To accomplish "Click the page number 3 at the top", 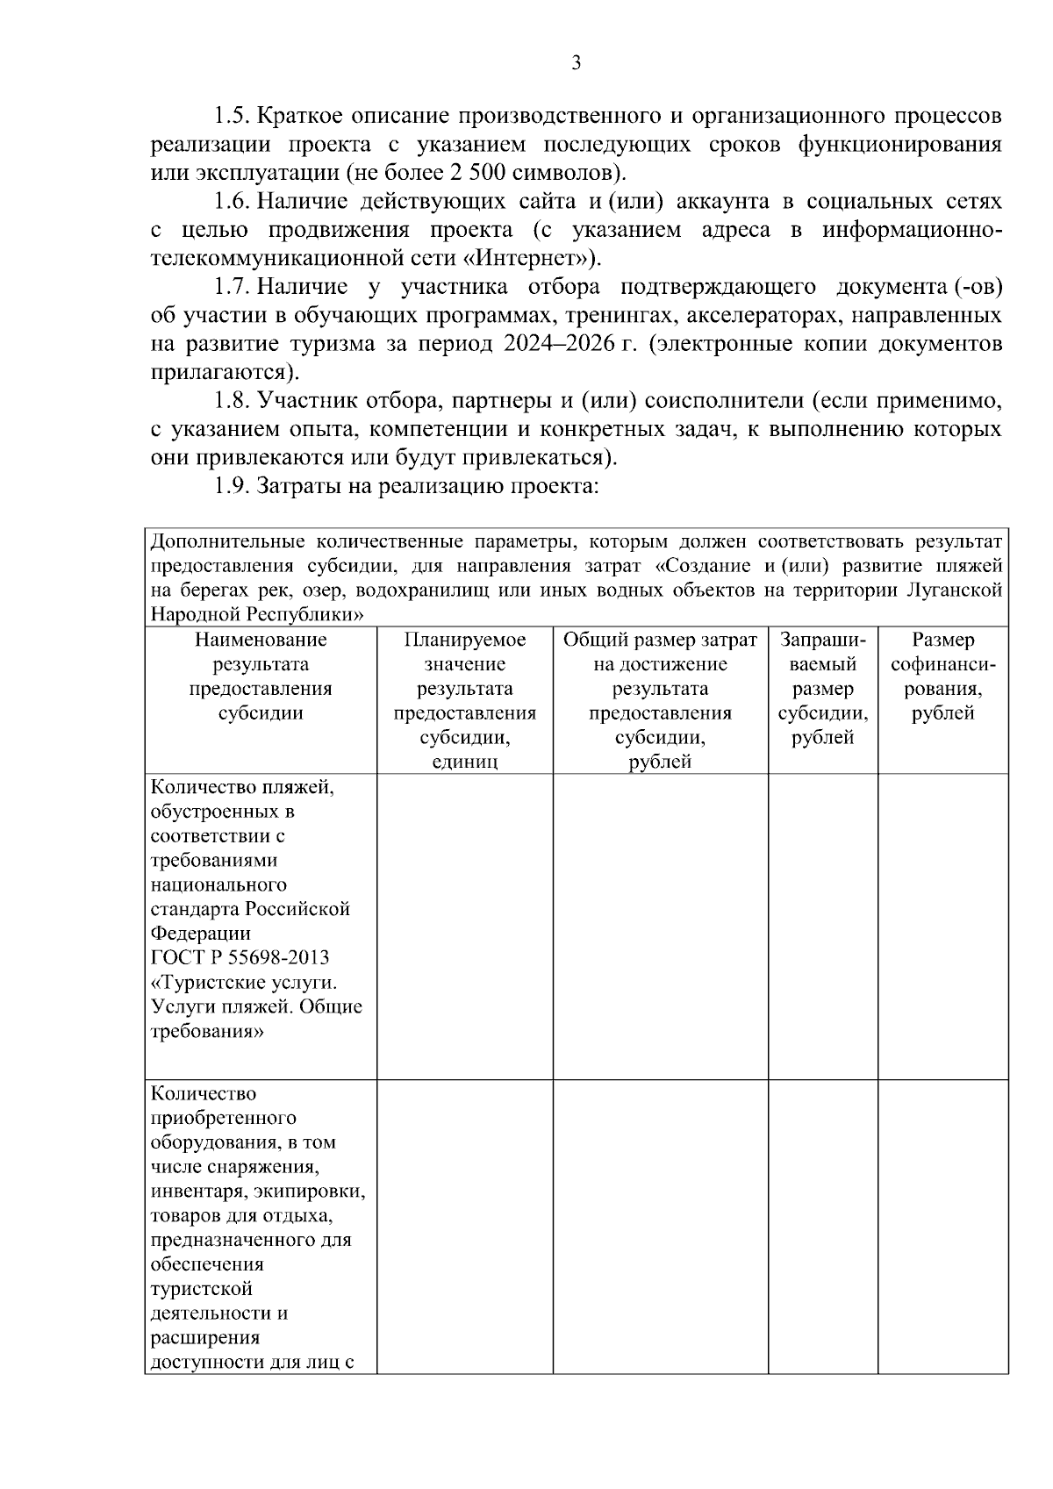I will [576, 62].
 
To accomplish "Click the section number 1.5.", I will [233, 116].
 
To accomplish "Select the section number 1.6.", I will [233, 202].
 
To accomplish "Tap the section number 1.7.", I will [233, 287].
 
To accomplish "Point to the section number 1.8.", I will [233, 401].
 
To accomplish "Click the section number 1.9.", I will [233, 486].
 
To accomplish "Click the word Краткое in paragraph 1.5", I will [301, 116].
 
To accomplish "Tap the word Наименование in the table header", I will [261, 640].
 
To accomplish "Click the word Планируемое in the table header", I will [465, 640].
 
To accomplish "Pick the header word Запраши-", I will [822, 640].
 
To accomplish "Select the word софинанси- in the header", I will [943, 664].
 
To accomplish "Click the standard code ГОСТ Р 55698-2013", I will [240, 957].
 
